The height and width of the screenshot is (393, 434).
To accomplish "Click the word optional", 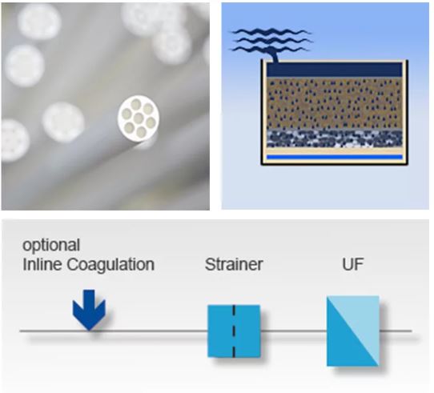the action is tap(51, 246).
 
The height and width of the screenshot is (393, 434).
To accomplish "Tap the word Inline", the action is tap(42, 264).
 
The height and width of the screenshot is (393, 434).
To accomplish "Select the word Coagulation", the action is tap(111, 265).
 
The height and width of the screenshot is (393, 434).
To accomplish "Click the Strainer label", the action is tap(234, 264).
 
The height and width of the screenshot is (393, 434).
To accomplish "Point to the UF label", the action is tap(352, 264).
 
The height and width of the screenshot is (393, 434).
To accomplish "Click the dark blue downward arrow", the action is tap(89, 310).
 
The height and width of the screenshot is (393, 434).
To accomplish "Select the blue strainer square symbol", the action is tap(234, 331).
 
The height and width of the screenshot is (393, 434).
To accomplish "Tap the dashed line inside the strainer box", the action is tap(234, 331).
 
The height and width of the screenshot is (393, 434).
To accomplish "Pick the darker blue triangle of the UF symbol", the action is tap(344, 343).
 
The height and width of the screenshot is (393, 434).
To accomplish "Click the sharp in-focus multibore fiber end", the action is tap(139, 118).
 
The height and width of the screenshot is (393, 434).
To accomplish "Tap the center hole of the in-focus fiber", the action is tap(138, 118).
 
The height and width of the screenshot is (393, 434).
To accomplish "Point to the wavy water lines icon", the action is tap(271, 40).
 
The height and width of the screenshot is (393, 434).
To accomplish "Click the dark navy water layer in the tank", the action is tap(335, 70).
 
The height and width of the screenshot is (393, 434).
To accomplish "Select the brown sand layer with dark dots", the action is tap(335, 103).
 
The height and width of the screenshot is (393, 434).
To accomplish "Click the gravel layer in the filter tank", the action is tap(335, 138).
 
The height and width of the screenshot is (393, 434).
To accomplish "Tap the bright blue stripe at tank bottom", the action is tap(335, 157).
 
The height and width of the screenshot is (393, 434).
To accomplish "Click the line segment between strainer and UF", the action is tap(294, 331).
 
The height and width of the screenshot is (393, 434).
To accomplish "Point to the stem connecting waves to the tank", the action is tap(274, 56).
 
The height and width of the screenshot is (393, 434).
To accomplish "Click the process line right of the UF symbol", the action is tap(396, 331).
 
